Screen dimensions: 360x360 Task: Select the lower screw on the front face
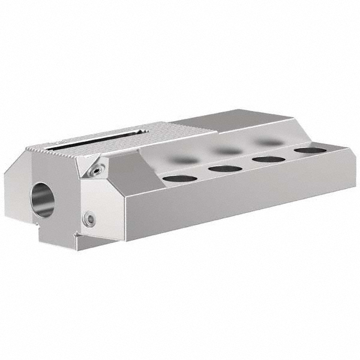click(89, 219)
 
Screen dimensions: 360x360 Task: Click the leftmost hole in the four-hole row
click(175, 178)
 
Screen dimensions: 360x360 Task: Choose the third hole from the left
click(268, 159)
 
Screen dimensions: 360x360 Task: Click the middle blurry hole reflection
click(226, 151)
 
